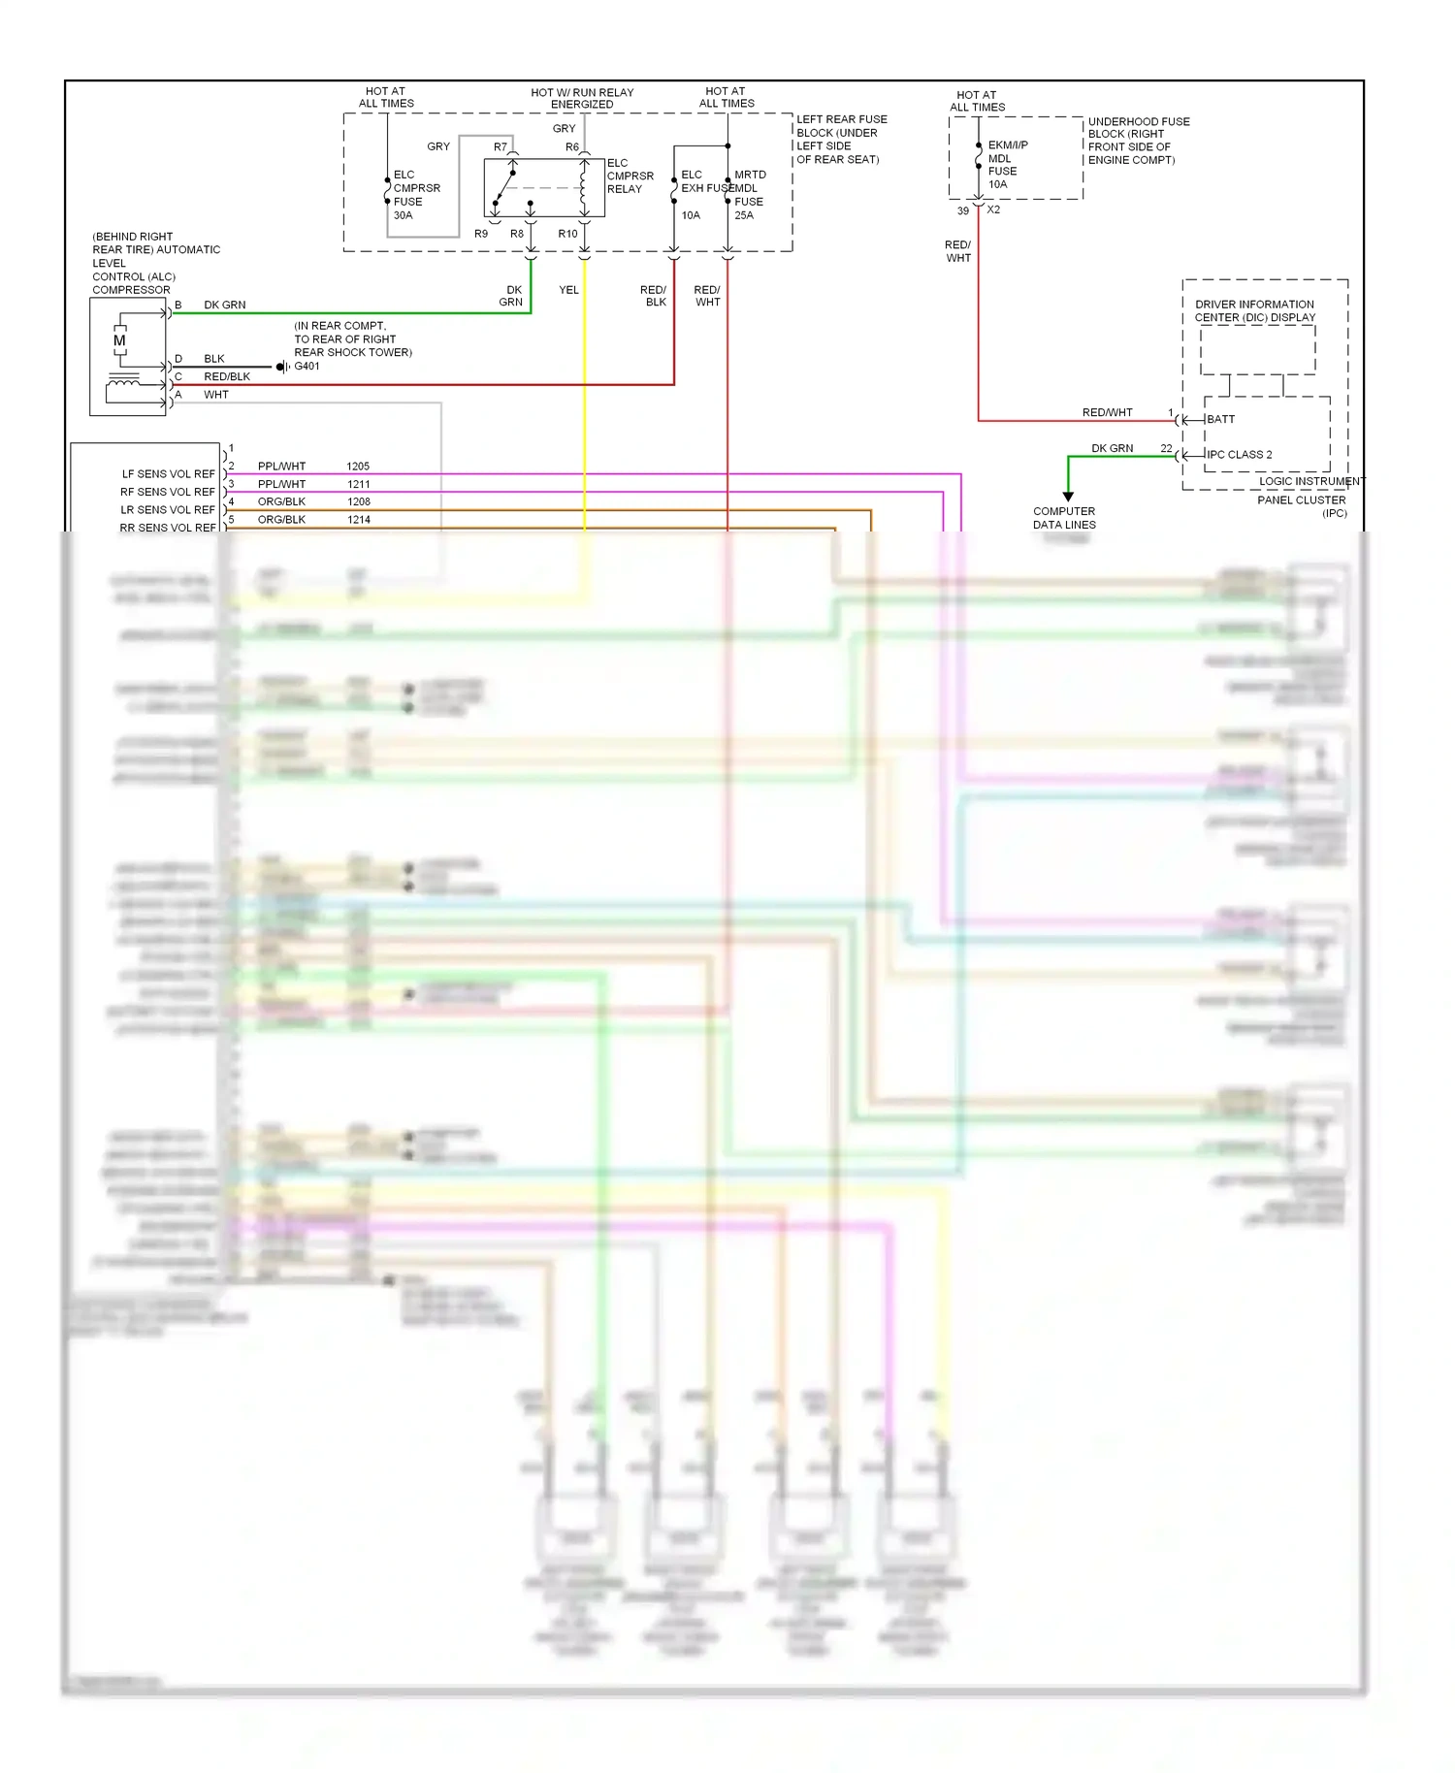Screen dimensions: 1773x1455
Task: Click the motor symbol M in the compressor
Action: [x=119, y=340]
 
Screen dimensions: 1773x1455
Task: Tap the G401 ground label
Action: [x=307, y=367]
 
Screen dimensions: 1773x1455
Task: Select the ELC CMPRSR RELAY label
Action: [x=630, y=177]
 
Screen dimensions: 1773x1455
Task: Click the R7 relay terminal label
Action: [x=501, y=147]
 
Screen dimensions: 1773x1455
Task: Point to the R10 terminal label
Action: [x=567, y=234]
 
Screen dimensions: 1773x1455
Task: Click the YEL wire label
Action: [x=568, y=290]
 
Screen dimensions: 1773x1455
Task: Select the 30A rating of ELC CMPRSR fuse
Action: [x=403, y=215]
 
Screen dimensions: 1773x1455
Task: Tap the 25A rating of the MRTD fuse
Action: [x=744, y=215]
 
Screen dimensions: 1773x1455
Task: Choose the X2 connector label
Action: [x=993, y=210]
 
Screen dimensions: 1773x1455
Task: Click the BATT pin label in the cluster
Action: [x=1220, y=419]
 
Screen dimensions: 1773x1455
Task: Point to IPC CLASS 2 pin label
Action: [x=1239, y=454]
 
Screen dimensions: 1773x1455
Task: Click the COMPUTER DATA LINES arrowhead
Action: [x=1068, y=497]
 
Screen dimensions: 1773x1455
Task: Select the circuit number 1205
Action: [x=358, y=467]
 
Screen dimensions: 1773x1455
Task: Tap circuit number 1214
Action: [x=359, y=520]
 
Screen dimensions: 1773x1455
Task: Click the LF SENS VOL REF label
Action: [x=168, y=474]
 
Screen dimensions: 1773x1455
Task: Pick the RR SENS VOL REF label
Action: [x=168, y=528]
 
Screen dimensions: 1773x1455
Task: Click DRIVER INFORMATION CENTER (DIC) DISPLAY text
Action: [x=1254, y=310]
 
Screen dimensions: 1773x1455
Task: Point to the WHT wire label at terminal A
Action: [x=216, y=395]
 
